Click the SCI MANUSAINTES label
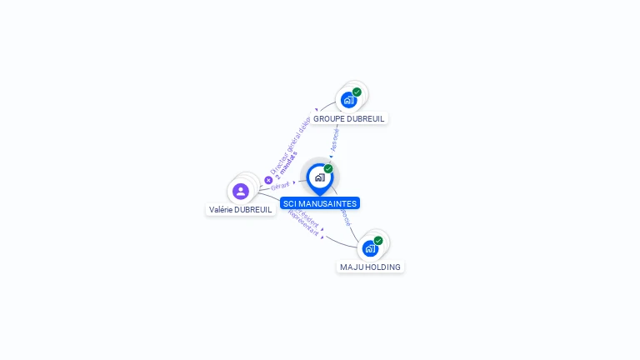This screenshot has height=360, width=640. coord(320,203)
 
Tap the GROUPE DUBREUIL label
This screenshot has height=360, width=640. coord(349,118)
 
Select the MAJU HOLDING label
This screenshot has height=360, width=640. coord(370,267)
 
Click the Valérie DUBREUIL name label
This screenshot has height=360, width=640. coord(241,210)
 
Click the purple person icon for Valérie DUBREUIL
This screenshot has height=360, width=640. coord(241,192)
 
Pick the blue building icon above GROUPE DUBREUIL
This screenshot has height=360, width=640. coord(348,100)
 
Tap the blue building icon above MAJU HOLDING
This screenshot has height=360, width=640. coord(370,248)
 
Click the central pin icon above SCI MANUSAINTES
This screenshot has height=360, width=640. coord(319,177)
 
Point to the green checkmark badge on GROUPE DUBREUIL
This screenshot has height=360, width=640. coord(357,92)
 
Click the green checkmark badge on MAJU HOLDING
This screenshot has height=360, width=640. coord(378,241)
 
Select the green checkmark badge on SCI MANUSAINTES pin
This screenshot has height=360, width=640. coord(328,169)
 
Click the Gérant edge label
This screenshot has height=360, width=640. coord(280,186)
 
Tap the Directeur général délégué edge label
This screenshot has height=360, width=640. coord(290,147)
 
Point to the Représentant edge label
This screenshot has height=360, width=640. coord(303,223)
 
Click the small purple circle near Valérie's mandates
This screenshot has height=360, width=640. coord(268,180)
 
